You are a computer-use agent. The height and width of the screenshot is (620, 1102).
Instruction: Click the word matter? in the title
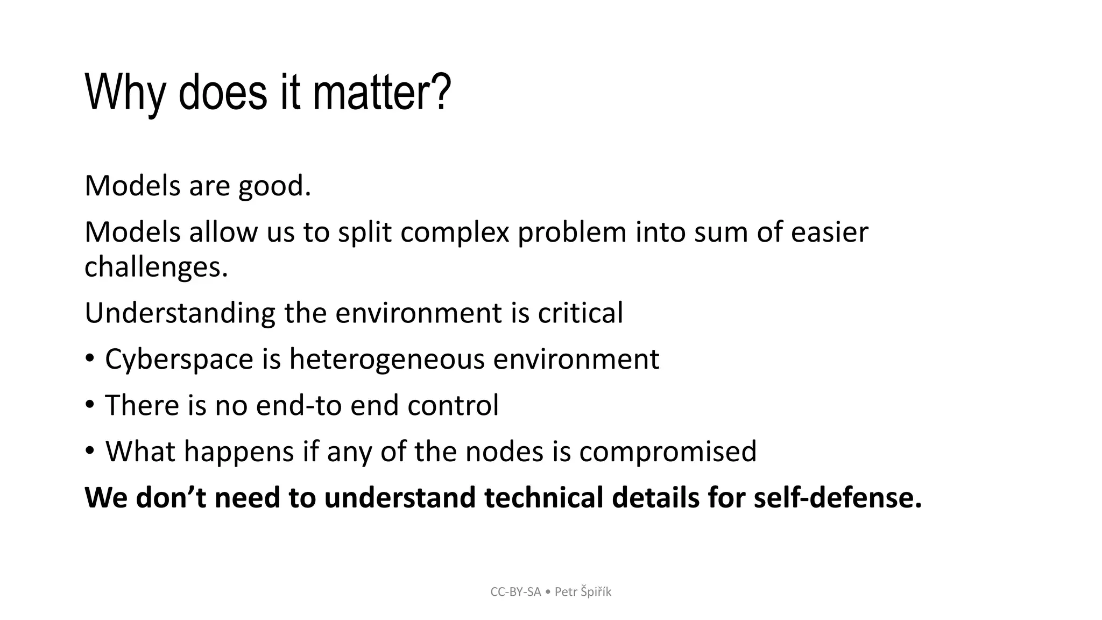pos(381,93)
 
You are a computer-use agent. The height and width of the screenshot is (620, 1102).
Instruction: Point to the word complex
pos(455,232)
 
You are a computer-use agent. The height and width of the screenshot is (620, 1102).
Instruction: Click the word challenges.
pos(156,267)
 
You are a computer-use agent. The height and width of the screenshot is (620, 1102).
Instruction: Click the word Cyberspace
pos(179,360)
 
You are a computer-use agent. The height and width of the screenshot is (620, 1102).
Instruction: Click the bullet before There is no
pos(90,404)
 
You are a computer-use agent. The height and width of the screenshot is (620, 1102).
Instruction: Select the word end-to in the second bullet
pos(299,405)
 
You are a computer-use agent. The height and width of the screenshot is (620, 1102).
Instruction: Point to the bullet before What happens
pos(90,450)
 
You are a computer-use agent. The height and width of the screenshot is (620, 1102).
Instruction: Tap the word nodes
pos(504,452)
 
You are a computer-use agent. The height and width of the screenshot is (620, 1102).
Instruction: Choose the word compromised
pos(667,452)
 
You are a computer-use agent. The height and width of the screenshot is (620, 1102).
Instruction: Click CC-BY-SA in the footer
pos(515,592)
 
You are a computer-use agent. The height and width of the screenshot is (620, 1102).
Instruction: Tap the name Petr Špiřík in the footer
pos(583,592)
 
